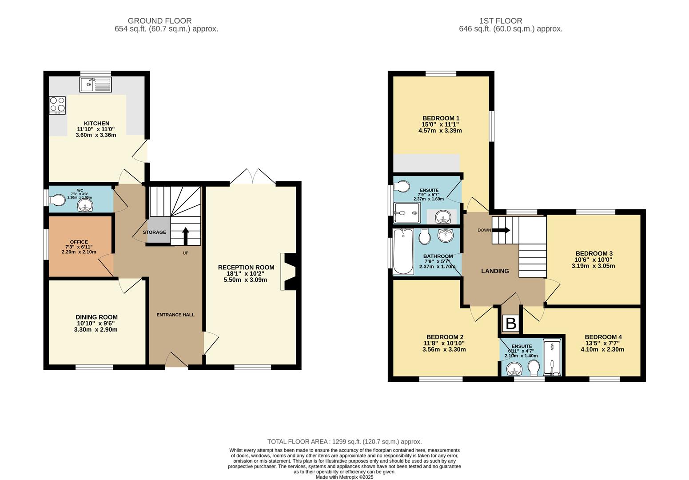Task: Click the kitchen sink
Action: (x=96, y=84)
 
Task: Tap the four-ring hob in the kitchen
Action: (x=57, y=105)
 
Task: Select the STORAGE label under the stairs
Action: (x=154, y=232)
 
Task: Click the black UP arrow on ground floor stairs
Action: (x=185, y=236)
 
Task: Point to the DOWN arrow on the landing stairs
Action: (x=501, y=230)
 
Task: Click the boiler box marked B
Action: (x=511, y=324)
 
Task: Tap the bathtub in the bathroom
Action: (x=403, y=252)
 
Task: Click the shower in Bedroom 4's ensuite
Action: (x=552, y=358)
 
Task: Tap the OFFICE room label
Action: (x=79, y=242)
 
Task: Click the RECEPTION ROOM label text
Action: (x=246, y=268)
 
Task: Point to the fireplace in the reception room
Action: (x=289, y=272)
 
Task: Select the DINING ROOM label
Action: (x=96, y=317)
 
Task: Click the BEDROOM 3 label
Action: (x=593, y=253)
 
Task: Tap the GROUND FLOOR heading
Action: (x=159, y=21)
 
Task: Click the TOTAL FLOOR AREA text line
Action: (x=344, y=442)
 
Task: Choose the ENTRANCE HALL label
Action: (x=175, y=315)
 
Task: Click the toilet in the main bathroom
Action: (x=424, y=236)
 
